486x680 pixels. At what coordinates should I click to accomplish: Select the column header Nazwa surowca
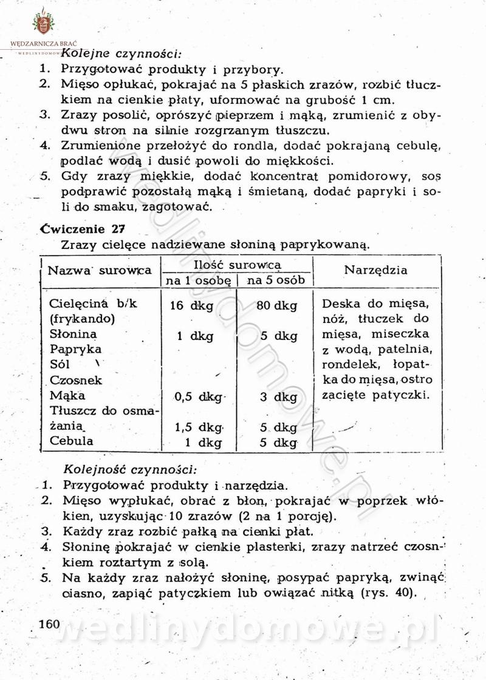coord(100,271)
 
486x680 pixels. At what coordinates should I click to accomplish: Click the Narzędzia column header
coord(376,270)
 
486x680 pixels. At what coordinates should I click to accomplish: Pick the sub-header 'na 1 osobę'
coord(198,280)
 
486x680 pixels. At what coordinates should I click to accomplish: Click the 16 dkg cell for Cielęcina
coord(192,305)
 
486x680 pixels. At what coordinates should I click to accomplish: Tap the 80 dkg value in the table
coord(276,305)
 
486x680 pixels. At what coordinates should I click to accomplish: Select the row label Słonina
coord(74,334)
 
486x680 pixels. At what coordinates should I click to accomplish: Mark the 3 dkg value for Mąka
coord(277,398)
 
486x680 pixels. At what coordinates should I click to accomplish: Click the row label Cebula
coord(72,441)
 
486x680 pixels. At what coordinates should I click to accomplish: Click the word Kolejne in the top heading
coord(85,53)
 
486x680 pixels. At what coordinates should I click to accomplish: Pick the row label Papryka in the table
coord(76,349)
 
